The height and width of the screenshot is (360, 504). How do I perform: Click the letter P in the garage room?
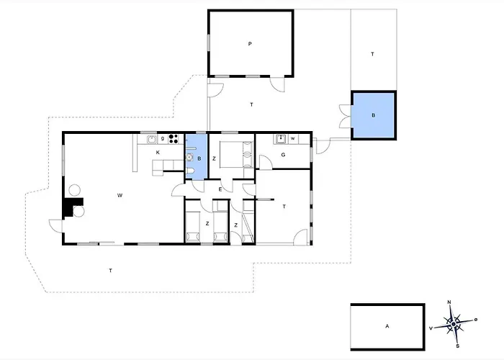pos(250,44)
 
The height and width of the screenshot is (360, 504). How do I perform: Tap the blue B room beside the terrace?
pos(373,115)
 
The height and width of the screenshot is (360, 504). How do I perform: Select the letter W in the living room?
pos(120,195)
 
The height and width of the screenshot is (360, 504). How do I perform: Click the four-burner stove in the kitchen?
pos(174,139)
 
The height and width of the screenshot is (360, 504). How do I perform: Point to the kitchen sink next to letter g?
pos(152,139)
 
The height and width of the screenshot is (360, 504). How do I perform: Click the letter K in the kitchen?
pos(158,153)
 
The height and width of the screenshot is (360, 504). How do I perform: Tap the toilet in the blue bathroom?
pos(189,171)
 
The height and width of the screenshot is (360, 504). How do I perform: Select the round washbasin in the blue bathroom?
pos(189,157)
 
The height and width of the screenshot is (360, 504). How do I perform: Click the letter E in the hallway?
pos(220,189)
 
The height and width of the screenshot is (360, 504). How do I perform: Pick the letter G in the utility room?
pos(283,155)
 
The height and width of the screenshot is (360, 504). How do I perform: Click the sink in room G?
pos(281,139)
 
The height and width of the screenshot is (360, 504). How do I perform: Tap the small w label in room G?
pos(293,138)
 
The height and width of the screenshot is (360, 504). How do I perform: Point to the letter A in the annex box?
pos(387,326)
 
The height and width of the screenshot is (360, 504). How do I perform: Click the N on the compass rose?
pos(449,302)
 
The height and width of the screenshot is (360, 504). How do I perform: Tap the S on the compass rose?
pos(457,346)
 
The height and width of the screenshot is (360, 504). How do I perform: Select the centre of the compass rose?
pos(453,324)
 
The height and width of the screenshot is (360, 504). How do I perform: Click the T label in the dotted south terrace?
pos(111,271)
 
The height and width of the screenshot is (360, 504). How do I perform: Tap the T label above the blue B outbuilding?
pos(372,54)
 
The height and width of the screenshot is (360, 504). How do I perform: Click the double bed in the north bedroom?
pos(237,155)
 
